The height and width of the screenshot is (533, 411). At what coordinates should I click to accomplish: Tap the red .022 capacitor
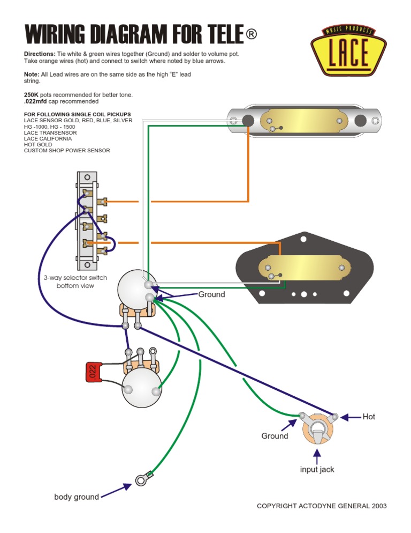93,373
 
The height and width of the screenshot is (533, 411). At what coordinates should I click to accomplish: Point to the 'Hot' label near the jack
369,417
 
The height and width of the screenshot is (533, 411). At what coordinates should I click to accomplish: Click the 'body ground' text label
77,497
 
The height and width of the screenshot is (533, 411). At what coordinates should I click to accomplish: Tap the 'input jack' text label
317,469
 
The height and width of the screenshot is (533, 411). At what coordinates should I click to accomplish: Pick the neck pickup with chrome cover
303,121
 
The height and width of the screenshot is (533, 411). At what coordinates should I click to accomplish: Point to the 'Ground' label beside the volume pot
211,294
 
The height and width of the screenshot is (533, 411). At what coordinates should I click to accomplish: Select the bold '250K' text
31,94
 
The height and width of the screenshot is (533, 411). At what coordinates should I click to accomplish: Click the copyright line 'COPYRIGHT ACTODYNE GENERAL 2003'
321,506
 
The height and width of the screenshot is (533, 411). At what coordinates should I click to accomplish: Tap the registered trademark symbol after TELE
252,34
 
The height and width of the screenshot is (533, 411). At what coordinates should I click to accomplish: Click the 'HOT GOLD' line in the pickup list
38,145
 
